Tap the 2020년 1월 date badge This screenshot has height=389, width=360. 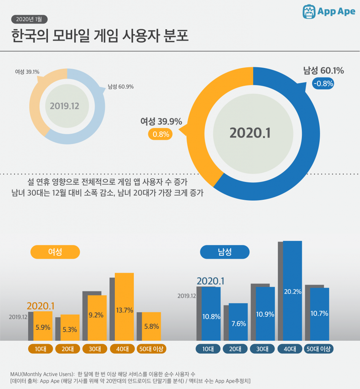tap(29, 19)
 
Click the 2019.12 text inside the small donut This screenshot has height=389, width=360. tap(64, 106)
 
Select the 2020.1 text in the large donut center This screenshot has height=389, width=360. tap(250, 133)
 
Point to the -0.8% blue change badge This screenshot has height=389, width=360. tap(323, 84)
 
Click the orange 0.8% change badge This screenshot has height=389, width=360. tap(160, 134)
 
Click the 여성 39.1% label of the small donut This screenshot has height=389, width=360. tap(27, 71)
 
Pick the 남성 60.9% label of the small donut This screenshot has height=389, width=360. tap(121, 87)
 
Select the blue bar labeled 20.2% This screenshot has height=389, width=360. tap(292, 291)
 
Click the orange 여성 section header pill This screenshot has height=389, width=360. tap(55, 252)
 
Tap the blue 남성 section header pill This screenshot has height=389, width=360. tap(225, 252)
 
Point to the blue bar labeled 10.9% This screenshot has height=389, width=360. tap(265, 314)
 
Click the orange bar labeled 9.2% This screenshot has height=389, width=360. tap(97, 318)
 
